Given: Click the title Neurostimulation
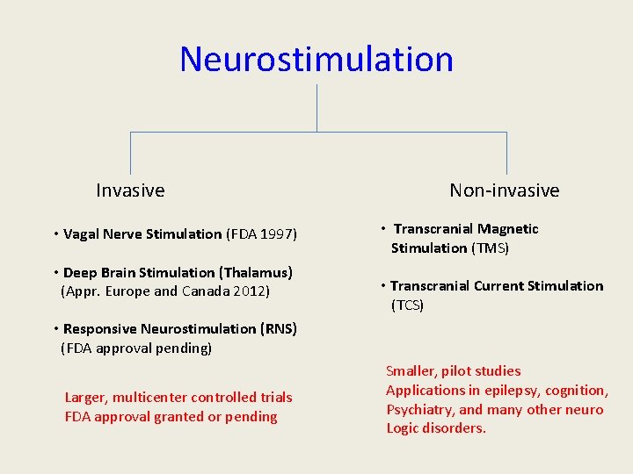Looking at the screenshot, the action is coord(316,59).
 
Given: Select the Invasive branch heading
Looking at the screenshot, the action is coord(130,190).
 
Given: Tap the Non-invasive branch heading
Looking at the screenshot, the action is coord(504,190).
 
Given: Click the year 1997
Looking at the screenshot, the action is coord(277,233).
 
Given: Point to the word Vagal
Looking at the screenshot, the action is coord(81,233).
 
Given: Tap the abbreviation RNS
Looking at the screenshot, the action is coord(280,328).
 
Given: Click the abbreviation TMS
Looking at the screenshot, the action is coord(490,248).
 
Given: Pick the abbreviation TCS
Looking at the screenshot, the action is coord(408,305).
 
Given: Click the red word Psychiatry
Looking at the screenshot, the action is coord(419,410).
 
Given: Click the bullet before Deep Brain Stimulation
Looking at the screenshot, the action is coord(55,273).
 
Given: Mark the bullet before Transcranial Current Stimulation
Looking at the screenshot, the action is coord(383,286).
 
